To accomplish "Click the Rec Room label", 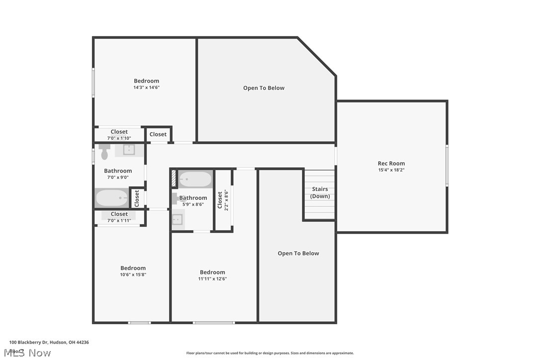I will pos(391,163).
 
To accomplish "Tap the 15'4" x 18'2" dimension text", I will pos(391,170).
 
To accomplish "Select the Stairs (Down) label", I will pos(320,192).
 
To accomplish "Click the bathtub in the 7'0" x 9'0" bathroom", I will pos(111,198).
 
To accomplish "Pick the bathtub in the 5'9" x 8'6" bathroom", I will pos(195,179).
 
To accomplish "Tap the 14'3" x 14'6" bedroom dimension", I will pos(146,88).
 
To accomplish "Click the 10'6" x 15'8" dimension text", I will pos(133,274).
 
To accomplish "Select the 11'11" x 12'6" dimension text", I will pos(212,278).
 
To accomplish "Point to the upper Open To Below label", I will pos(264,88).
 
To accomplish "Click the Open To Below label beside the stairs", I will pos(298,253).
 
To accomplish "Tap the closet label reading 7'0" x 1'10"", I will pos(119,138).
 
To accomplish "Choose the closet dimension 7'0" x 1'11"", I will pos(119,220).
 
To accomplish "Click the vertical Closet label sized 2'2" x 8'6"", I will pos(220,200).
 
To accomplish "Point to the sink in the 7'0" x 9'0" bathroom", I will pos(129,149).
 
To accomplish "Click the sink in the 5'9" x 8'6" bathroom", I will pos(178,219).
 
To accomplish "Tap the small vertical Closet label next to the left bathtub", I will pos(137,198).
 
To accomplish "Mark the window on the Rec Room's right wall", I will pos(447,166).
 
